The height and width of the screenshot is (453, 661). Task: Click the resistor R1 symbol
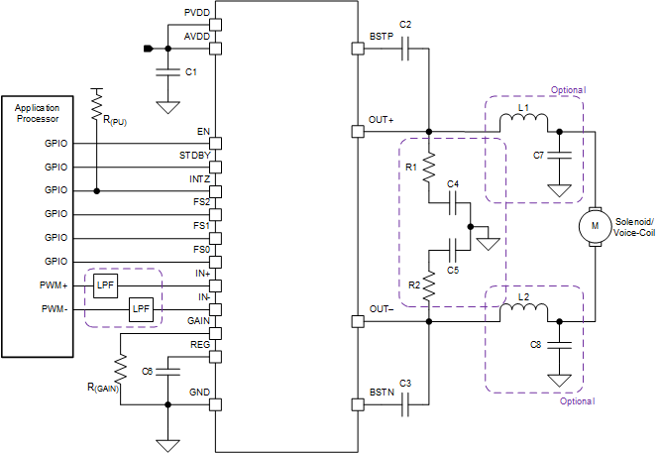(429, 169)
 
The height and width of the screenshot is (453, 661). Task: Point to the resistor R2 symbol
(429, 286)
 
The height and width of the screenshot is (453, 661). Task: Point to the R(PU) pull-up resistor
(97, 102)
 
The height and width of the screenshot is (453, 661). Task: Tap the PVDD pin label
(196, 13)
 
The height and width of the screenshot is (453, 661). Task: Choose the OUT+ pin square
(358, 131)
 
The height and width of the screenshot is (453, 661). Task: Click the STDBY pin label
(193, 156)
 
